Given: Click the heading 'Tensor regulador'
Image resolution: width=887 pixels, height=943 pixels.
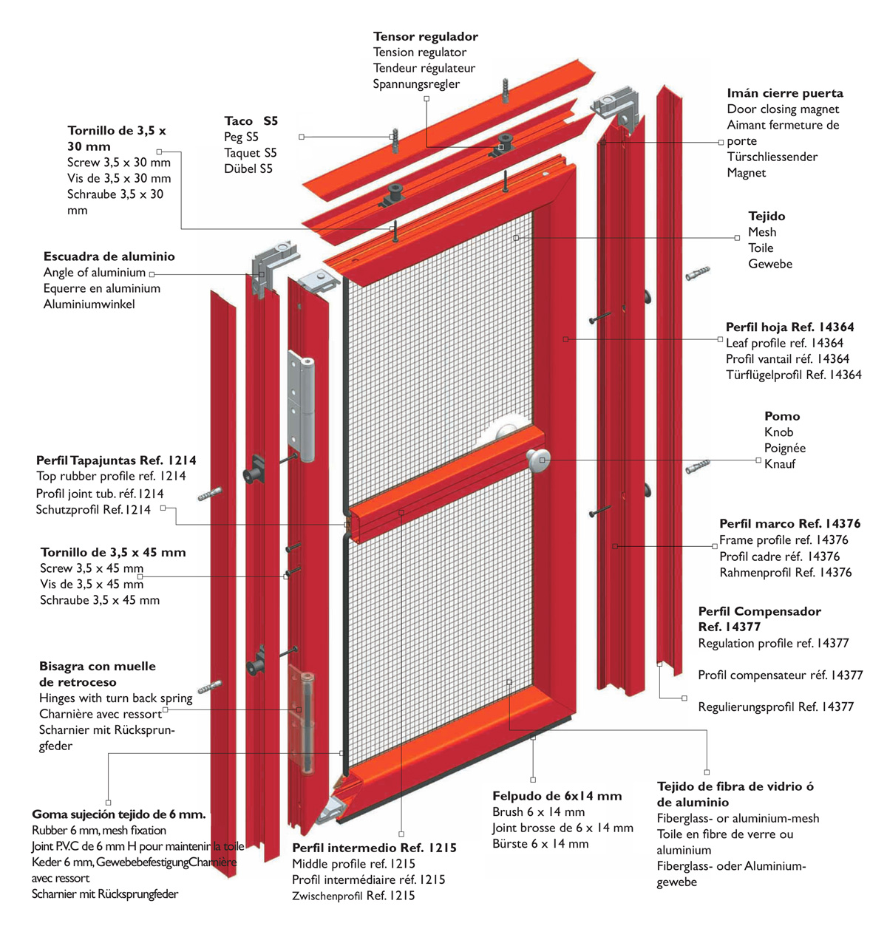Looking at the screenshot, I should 425,36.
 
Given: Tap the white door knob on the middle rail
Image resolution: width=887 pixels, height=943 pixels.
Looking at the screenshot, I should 538,459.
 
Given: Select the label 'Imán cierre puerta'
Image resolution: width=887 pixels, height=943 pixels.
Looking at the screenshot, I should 784,93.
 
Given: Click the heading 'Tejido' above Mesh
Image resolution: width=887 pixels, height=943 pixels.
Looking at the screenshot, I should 767,216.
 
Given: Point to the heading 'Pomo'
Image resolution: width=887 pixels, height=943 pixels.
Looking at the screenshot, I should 782,416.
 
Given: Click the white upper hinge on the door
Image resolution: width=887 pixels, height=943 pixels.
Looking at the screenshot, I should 304,403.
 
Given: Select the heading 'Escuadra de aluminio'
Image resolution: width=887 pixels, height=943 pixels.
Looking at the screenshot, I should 109,256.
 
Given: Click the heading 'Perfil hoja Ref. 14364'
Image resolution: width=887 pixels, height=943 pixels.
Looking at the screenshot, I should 789,327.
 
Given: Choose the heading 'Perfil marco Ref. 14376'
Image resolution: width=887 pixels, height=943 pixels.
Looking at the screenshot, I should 789,523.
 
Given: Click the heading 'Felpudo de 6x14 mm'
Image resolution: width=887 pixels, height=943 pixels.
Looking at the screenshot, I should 557,796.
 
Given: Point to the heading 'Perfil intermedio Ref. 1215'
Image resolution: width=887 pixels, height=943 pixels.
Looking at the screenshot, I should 374,848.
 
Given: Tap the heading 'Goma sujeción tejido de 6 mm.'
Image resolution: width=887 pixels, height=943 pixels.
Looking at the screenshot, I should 118,814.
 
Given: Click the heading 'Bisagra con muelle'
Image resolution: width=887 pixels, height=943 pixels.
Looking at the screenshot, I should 98,666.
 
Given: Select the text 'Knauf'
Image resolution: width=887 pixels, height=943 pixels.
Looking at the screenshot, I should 780,464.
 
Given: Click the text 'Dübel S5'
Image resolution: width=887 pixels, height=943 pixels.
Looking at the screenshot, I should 248,168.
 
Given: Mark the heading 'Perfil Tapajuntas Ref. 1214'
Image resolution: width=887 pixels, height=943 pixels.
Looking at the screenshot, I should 116,460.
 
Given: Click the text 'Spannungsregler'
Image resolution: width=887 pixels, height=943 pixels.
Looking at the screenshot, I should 416,84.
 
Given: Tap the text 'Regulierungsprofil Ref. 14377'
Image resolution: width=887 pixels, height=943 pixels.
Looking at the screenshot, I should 775,707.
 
